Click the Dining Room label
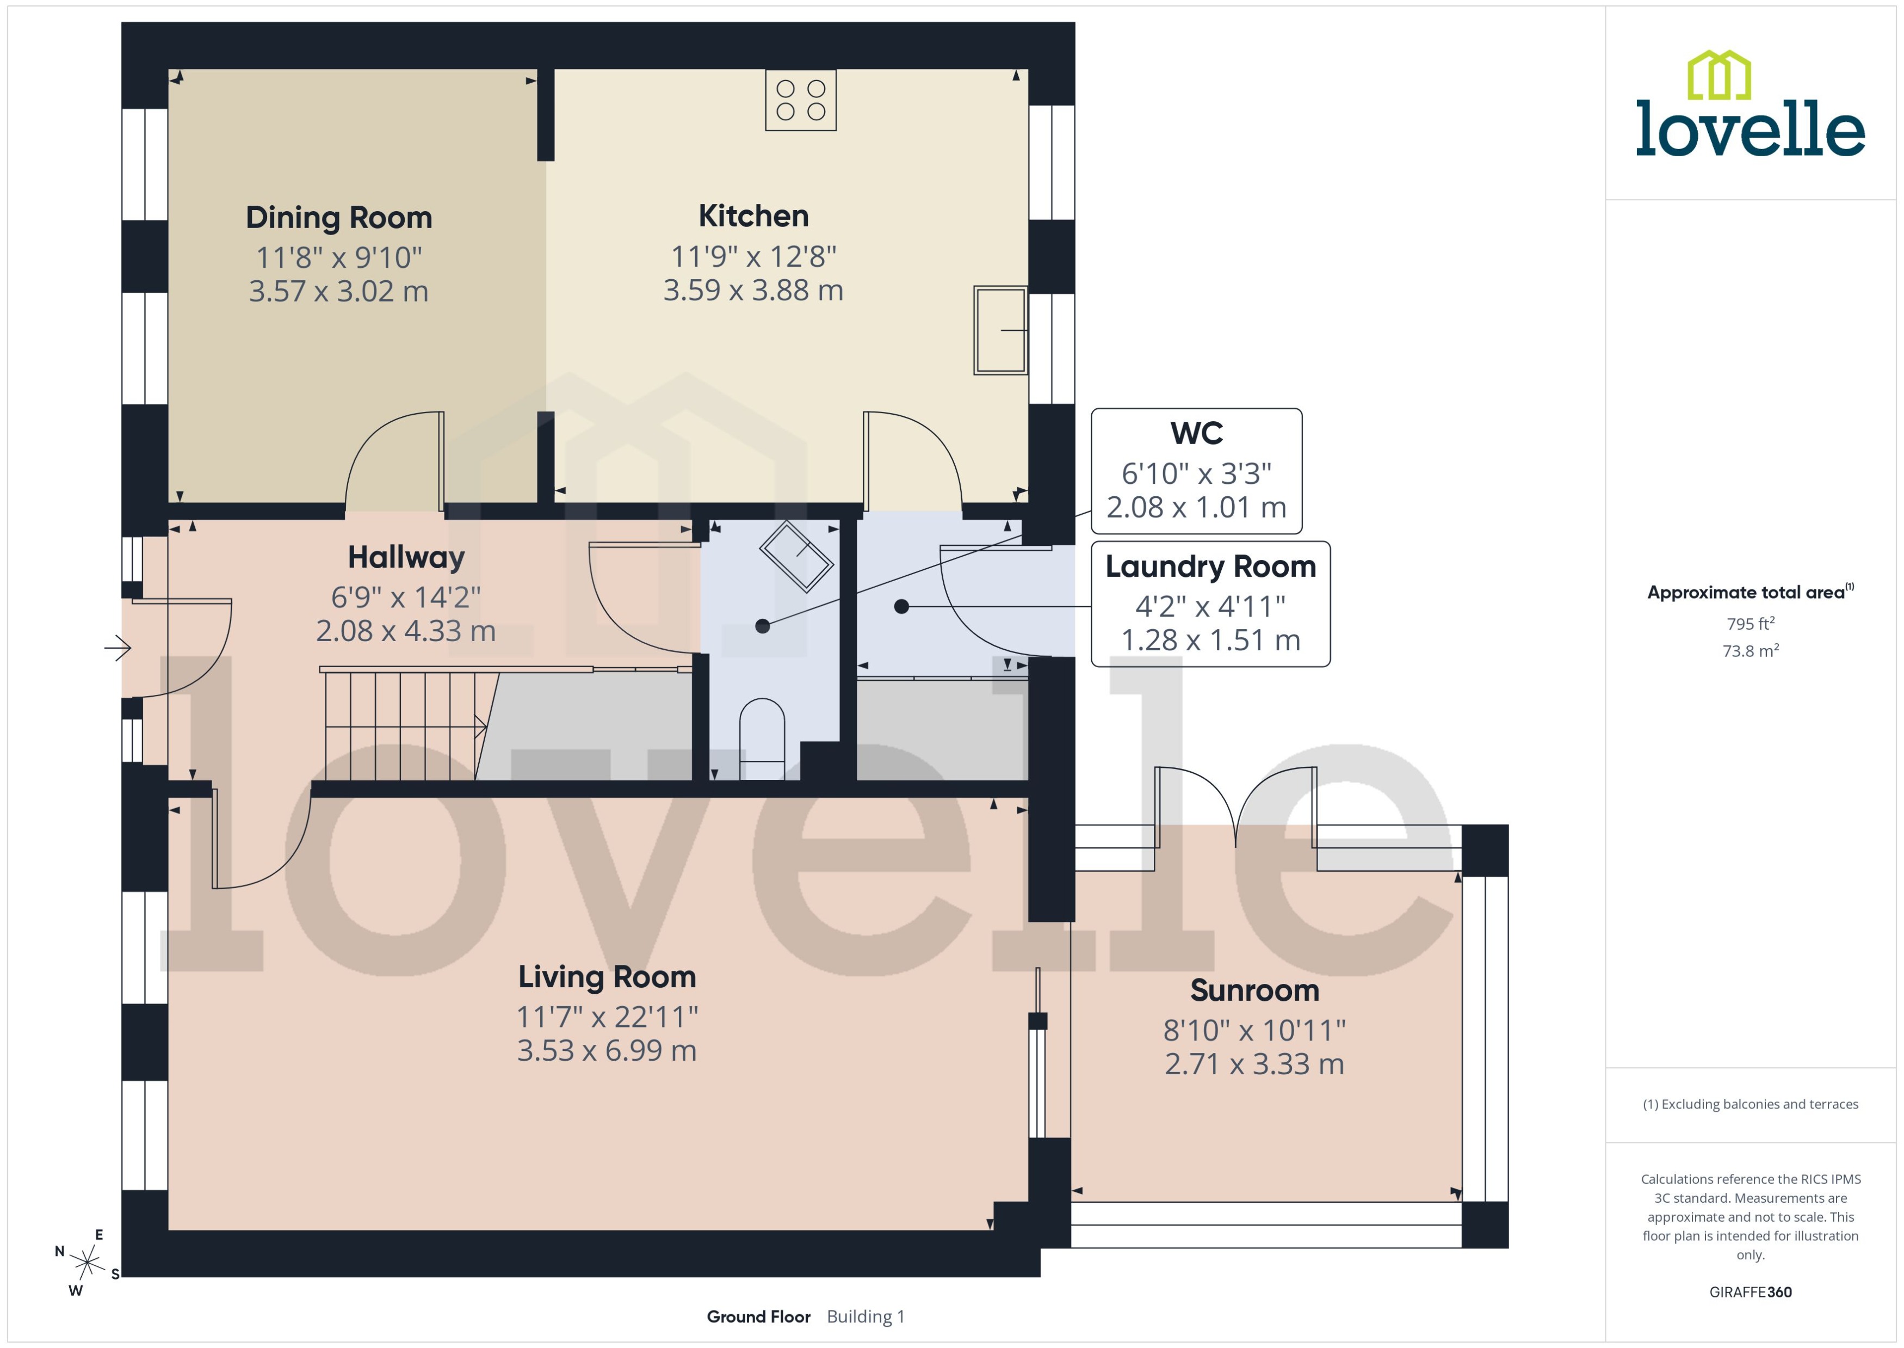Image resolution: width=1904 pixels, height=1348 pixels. point(338,218)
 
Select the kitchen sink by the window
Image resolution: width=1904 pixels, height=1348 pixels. point(1000,330)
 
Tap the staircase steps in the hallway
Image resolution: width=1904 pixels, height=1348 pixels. point(403,727)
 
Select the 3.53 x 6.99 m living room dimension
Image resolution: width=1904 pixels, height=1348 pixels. point(607,1051)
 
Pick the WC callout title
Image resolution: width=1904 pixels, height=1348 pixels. point(1196,433)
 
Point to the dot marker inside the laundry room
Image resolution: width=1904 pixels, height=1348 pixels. point(902,607)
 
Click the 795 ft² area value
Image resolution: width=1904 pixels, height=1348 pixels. point(1751,623)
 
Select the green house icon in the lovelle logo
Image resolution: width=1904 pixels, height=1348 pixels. point(1719,76)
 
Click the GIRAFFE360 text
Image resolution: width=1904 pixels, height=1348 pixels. point(1751,1292)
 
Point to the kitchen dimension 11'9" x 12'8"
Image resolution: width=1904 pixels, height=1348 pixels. point(753,256)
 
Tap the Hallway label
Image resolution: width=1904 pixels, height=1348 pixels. point(406,557)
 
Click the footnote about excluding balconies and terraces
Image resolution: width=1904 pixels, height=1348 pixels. point(1751,1104)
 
